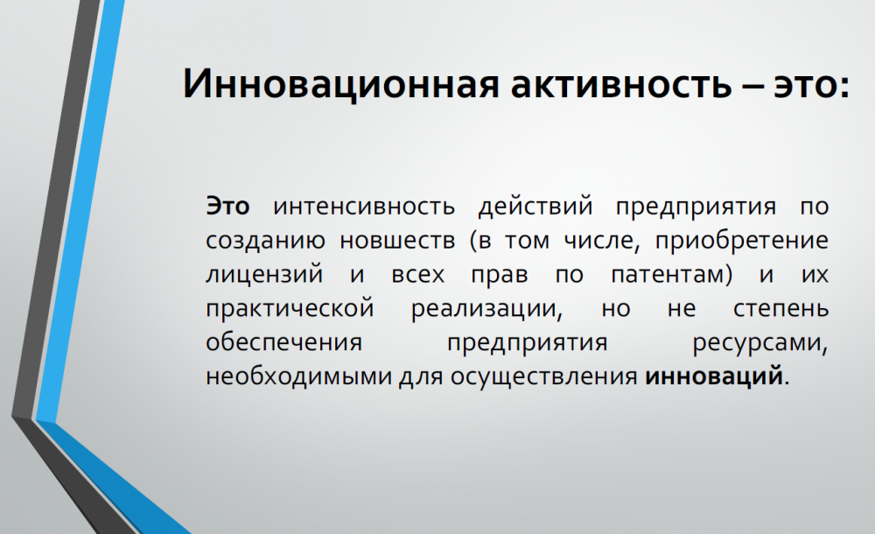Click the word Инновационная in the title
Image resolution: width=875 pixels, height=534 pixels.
340,84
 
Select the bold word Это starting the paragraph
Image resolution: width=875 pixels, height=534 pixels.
227,206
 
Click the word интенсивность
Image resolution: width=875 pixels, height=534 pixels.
364,206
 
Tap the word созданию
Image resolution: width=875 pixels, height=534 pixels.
265,241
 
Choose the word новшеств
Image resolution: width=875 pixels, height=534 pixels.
397,241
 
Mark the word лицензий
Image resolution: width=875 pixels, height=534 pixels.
264,275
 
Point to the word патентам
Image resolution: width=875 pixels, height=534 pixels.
668,275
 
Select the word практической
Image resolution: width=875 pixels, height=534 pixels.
290,309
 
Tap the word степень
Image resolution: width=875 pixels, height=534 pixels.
780,309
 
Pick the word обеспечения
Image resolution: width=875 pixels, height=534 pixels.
284,342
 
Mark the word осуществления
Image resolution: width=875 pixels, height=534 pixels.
544,377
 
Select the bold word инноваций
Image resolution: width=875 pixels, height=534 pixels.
714,376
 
